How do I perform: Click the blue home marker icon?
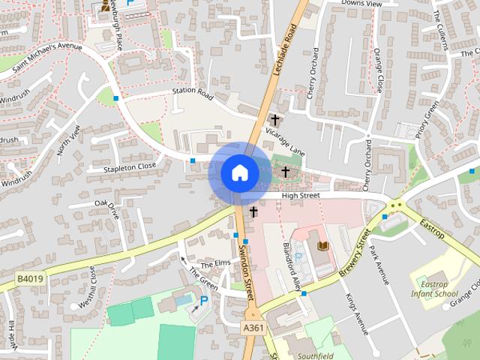(x=238, y=172)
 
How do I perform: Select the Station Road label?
(x=193, y=96)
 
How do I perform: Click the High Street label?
(x=300, y=196)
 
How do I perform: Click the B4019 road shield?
(x=30, y=278)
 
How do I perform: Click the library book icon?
(x=323, y=246)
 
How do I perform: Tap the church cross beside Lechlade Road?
(x=275, y=119)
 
